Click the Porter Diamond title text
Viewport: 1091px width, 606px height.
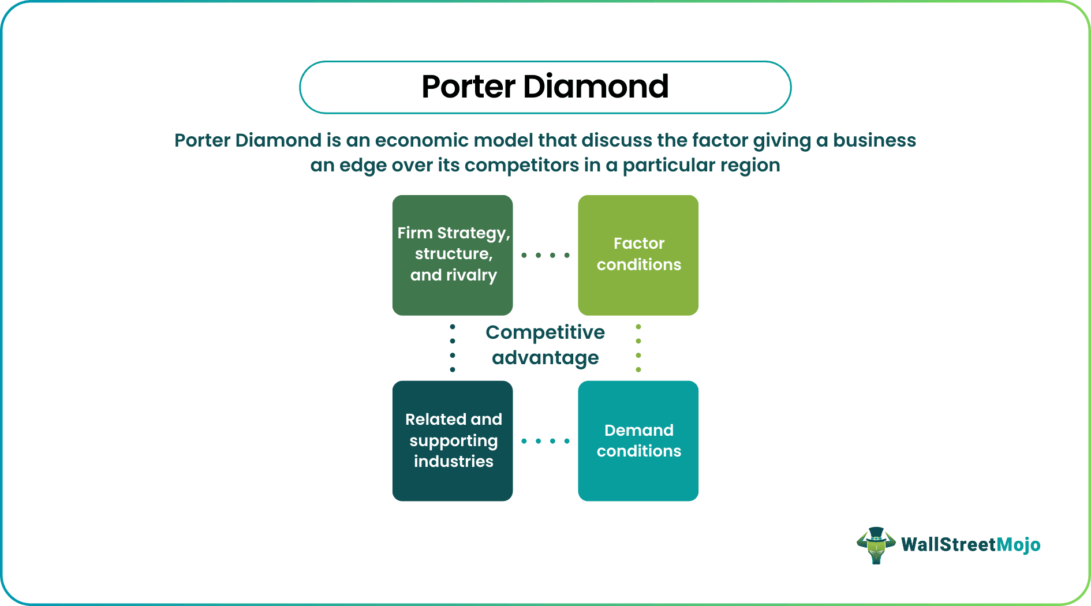coord(545,87)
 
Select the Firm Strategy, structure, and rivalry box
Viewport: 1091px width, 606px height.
coord(453,255)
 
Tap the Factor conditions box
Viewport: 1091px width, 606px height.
coord(638,255)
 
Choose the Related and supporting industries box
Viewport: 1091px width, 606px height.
coord(453,440)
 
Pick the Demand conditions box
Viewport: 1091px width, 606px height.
coord(638,440)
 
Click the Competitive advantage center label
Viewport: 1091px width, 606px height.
coord(545,345)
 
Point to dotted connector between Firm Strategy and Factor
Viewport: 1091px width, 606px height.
coord(545,255)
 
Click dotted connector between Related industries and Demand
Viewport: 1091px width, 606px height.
coord(545,441)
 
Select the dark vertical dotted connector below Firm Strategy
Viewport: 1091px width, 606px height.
coord(453,348)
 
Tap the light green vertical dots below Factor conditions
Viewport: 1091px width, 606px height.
coord(638,348)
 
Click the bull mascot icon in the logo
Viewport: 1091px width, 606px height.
coord(876,545)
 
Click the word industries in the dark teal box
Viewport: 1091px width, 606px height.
coord(453,462)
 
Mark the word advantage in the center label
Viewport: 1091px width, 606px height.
coord(545,358)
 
